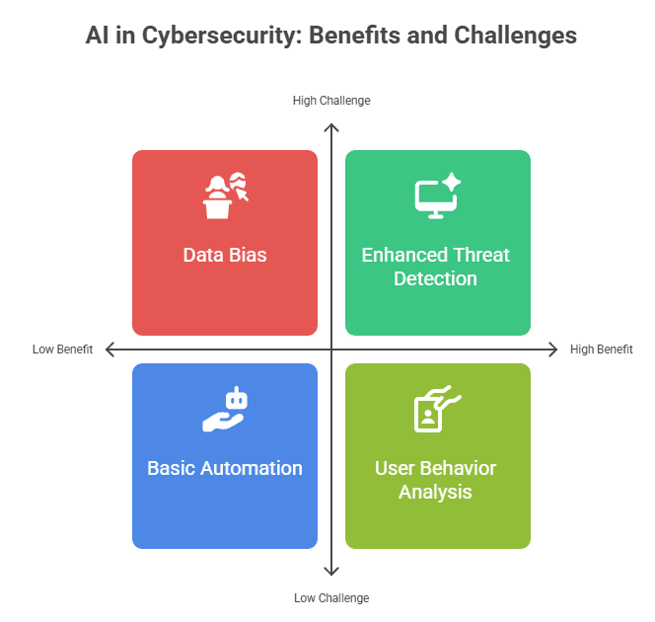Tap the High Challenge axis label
(331, 101)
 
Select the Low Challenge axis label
(331, 598)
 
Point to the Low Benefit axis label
(62, 350)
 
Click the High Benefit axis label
(602, 350)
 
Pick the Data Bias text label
(225, 255)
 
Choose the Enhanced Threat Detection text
(436, 267)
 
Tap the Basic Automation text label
(225, 468)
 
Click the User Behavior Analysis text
(436, 480)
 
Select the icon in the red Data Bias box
(225, 195)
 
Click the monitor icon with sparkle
(437, 195)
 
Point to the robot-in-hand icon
(225, 410)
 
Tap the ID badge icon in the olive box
(436, 409)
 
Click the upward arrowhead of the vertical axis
(332, 126)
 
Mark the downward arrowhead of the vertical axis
(332, 572)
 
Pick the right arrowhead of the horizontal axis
(554, 350)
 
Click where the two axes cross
(332, 350)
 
